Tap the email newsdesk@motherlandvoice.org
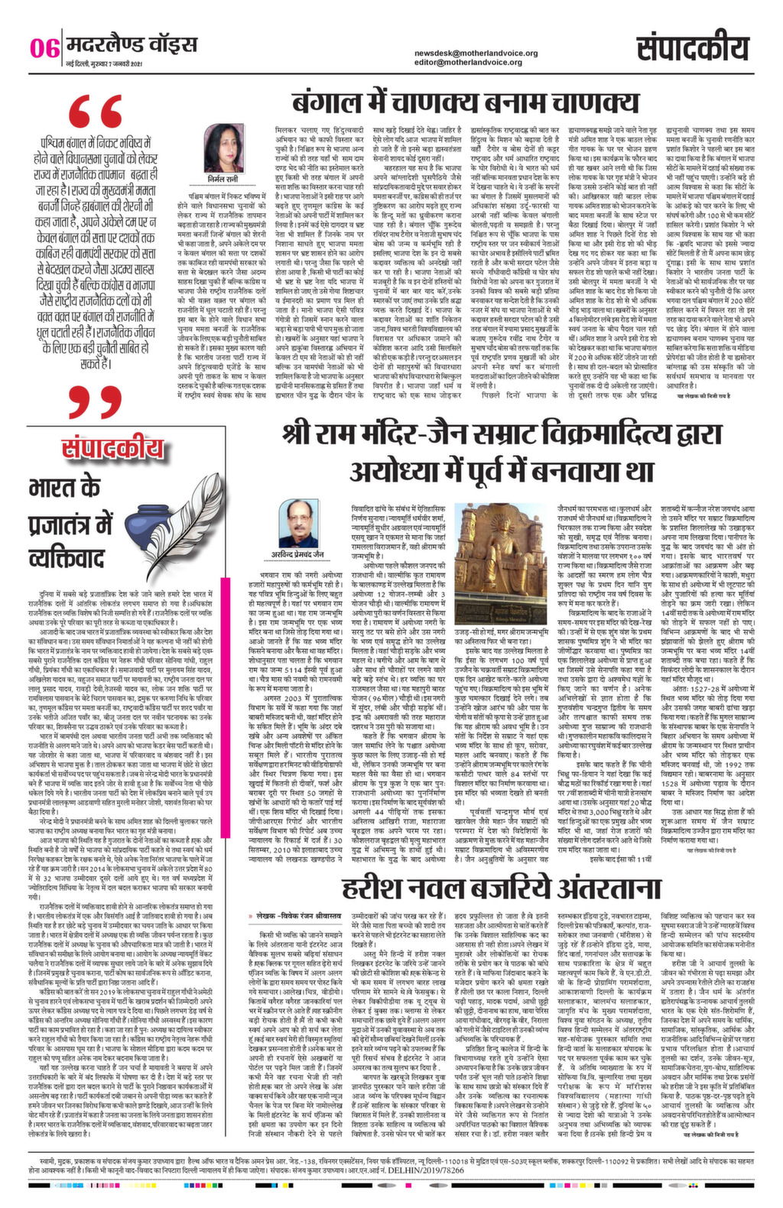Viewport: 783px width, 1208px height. point(476,53)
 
